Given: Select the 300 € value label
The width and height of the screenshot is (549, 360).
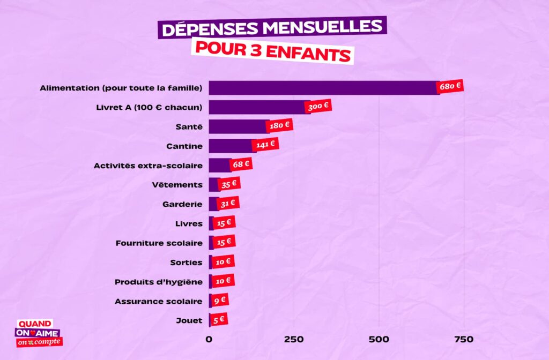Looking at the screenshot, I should (318, 107).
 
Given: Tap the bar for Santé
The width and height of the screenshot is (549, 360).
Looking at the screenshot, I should (238, 126).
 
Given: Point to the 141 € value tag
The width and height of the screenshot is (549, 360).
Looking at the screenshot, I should (265, 144).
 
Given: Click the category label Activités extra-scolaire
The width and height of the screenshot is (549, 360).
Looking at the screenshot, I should (148, 166).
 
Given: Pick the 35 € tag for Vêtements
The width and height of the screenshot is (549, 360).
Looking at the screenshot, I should (229, 184).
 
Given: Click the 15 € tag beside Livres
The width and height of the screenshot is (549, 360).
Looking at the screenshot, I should (224, 222).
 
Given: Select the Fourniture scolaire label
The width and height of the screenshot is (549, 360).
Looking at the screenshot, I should (159, 243).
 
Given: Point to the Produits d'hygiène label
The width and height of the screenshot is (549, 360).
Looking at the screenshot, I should (159, 282).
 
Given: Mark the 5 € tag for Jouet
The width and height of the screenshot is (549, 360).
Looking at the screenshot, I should (218, 319).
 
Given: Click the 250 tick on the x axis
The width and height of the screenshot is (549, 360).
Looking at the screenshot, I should (294, 339).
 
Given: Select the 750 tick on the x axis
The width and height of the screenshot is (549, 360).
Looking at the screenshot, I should (464, 339).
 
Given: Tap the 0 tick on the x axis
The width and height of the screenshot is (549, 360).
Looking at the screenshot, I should (209, 339).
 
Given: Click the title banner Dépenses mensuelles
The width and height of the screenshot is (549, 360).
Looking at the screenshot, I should (272, 28).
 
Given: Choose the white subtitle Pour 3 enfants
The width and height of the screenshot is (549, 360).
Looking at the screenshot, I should (273, 54).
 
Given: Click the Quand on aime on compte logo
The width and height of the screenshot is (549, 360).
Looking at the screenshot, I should (38, 333).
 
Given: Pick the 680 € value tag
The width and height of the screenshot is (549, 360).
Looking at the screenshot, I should (451, 86).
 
